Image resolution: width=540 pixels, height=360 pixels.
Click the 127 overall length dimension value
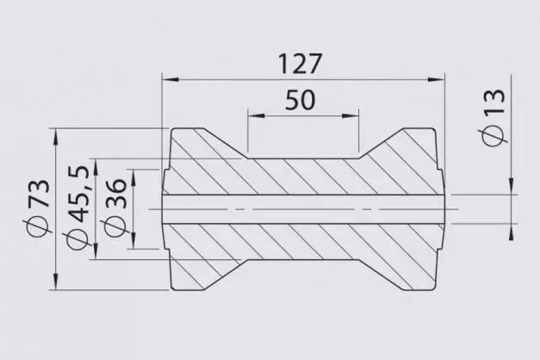(x=301, y=64)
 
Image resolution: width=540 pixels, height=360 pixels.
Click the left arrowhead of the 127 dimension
(x=168, y=79)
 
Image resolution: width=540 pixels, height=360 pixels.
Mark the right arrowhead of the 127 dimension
(x=440, y=79)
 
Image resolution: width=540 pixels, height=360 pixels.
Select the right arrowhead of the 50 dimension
(x=352, y=116)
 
